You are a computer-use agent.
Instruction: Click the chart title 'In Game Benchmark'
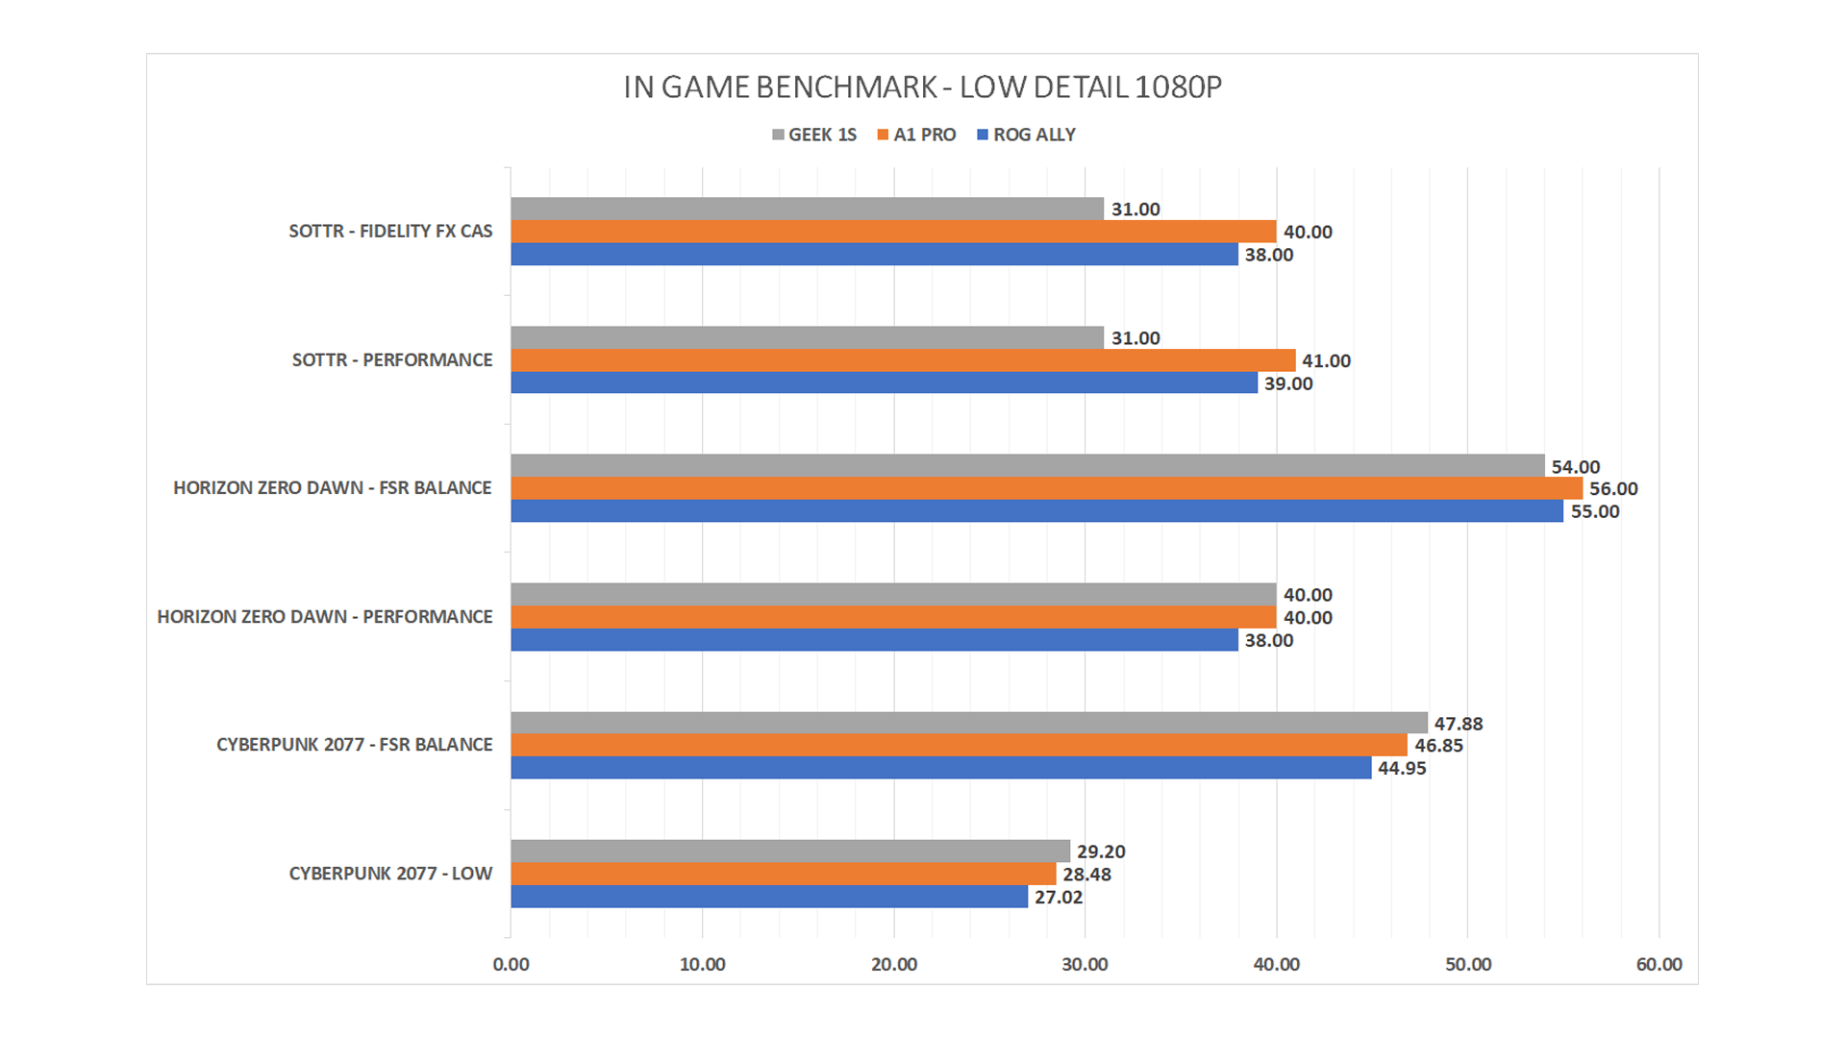pos(922,87)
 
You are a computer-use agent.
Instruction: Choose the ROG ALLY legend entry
pos(1026,135)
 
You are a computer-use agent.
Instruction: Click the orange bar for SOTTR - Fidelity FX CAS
pos(893,232)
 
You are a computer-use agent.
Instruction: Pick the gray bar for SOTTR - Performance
pos(807,337)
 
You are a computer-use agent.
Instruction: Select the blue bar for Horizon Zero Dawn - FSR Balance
pos(1036,511)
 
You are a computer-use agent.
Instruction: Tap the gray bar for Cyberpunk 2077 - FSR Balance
pos(968,723)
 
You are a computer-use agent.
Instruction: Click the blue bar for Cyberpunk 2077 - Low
pos(769,897)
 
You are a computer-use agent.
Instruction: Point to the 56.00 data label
pos(1613,489)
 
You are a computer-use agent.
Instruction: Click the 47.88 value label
pos(1459,724)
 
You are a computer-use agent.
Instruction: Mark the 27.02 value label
pos(1059,898)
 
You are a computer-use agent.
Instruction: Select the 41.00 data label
pos(1326,361)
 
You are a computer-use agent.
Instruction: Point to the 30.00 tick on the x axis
pos(1085,964)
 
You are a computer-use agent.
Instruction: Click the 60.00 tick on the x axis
pos(1659,964)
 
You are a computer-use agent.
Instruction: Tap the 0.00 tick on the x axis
pos(511,964)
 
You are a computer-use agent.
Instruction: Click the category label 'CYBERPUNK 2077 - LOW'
pos(390,874)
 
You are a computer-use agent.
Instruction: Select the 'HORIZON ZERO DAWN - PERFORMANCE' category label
pos(325,617)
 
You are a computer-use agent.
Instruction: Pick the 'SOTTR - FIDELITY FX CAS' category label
pos(390,232)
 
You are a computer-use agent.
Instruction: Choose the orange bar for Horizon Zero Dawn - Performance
pos(893,617)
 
